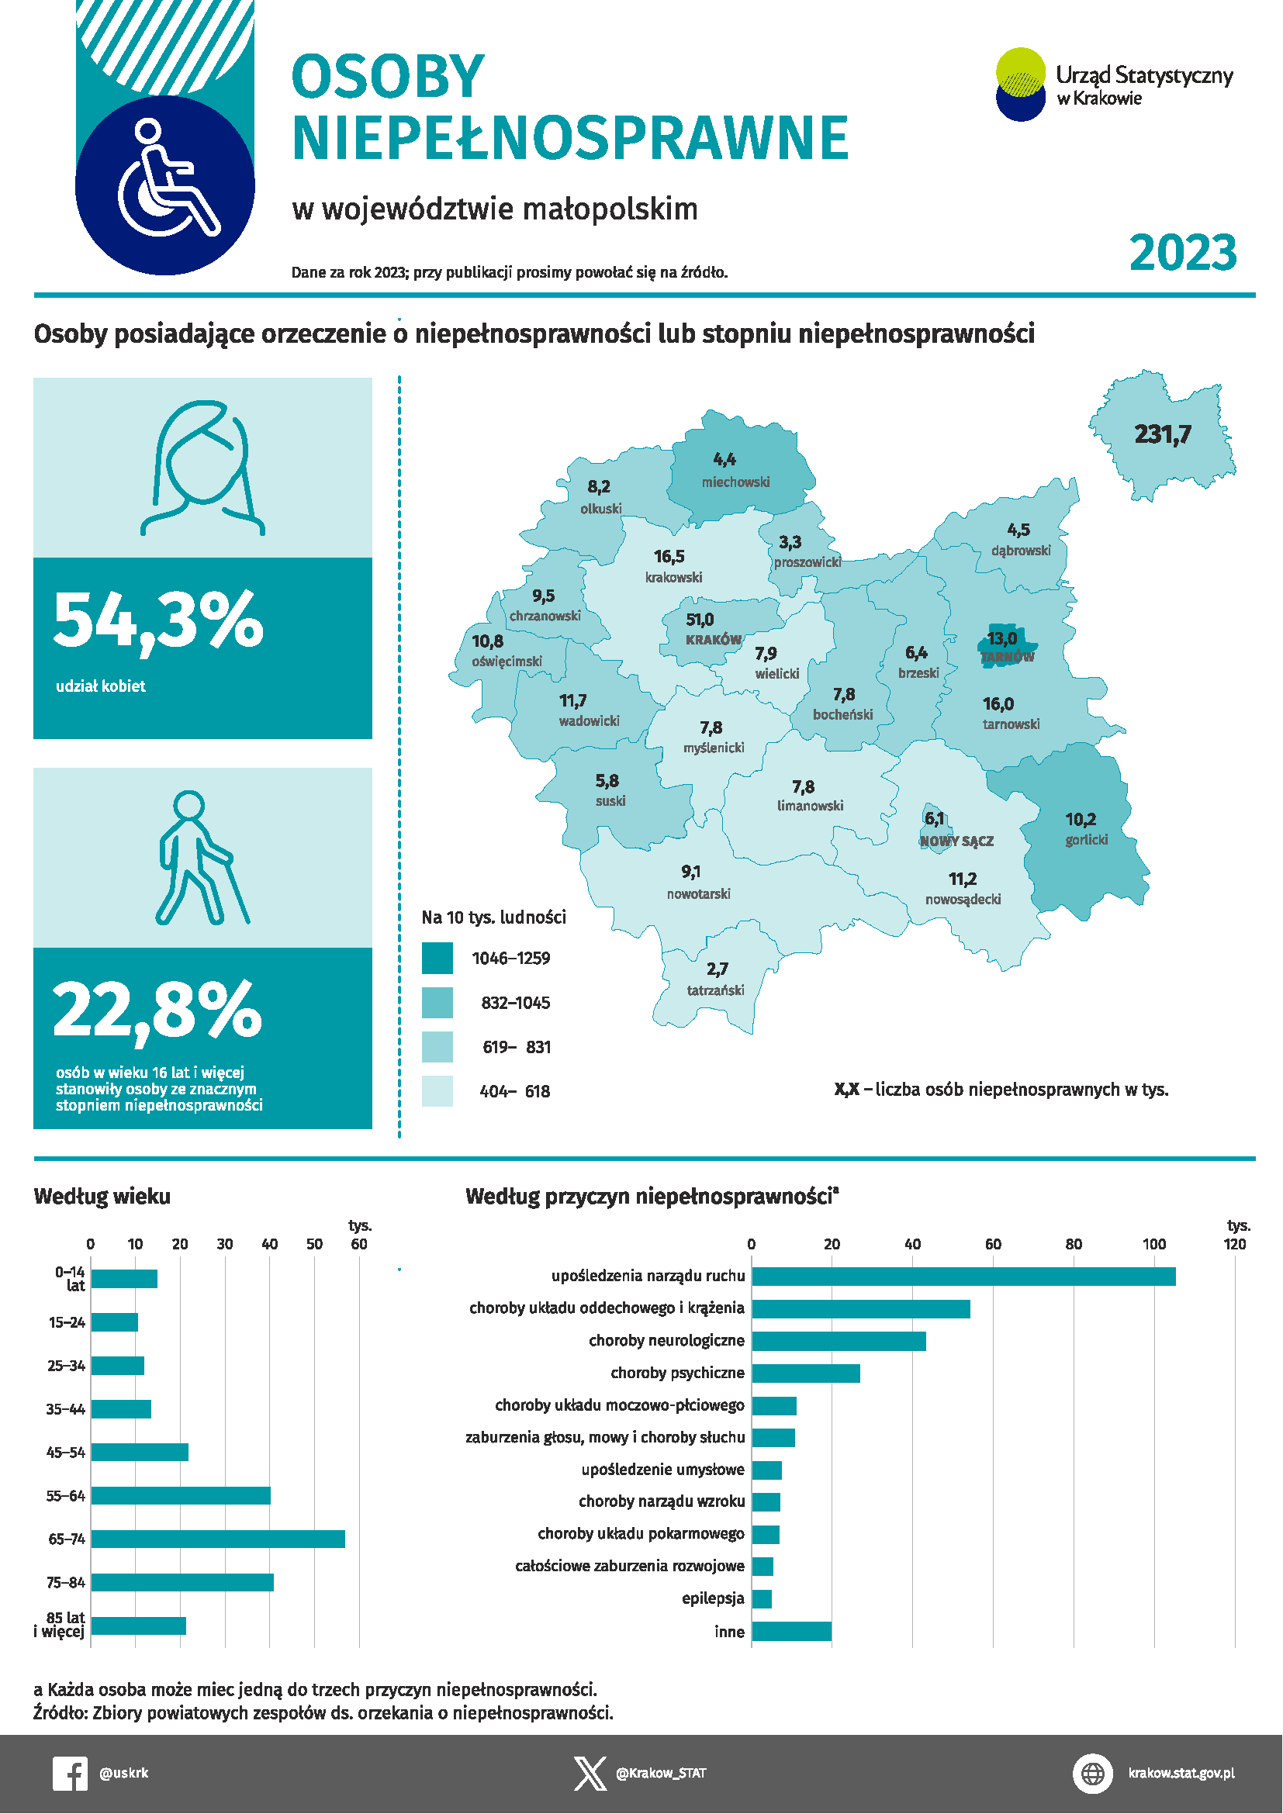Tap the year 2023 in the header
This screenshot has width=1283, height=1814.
(x=1183, y=253)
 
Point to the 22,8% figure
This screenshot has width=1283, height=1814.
(x=157, y=1011)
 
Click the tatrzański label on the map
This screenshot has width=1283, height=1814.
(x=715, y=990)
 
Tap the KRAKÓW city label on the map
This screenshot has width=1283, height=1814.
(x=714, y=640)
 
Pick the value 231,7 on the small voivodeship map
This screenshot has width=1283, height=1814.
(x=1162, y=434)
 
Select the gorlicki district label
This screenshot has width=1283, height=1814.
(x=1086, y=840)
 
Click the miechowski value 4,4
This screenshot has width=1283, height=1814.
(x=724, y=460)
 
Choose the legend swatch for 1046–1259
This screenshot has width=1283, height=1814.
(x=437, y=959)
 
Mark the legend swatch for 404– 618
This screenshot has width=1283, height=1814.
(x=437, y=1091)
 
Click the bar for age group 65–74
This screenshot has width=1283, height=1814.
(x=218, y=1539)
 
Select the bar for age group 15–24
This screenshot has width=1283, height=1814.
(x=115, y=1322)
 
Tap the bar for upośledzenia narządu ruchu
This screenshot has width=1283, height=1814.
(x=964, y=1277)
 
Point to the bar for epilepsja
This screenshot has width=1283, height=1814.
(x=762, y=1599)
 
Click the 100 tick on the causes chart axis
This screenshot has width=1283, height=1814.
(x=1154, y=1244)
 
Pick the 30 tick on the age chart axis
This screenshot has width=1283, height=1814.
(x=225, y=1244)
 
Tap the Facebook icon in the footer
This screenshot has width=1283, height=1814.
(x=70, y=1774)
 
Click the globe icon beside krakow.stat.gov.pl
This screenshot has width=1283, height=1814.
(x=1093, y=1774)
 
